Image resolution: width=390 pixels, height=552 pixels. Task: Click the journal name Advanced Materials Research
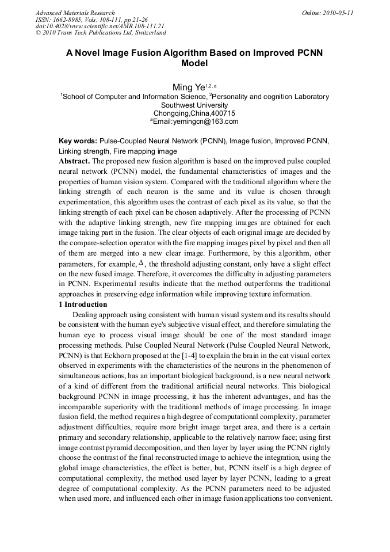click(x=75, y=13)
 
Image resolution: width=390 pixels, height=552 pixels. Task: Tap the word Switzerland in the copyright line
click(x=147, y=33)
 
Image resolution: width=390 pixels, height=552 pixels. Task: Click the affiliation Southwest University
click(x=194, y=105)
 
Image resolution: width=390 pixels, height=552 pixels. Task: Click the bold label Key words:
click(x=78, y=141)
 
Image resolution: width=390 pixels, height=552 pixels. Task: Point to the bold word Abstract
click(x=74, y=161)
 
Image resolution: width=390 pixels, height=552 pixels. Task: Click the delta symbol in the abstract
click(x=142, y=263)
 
